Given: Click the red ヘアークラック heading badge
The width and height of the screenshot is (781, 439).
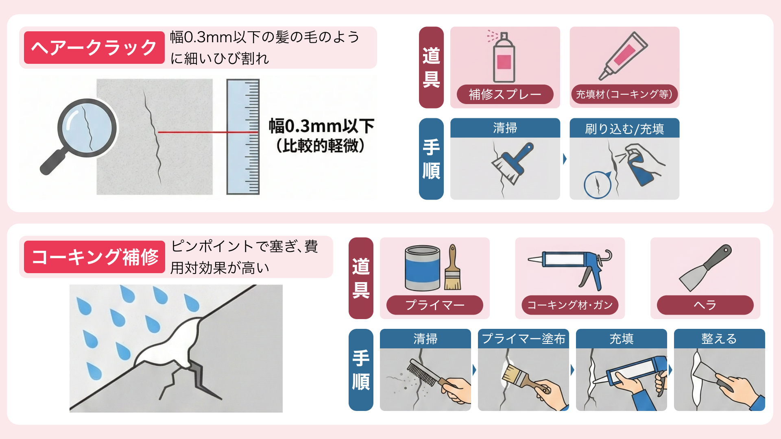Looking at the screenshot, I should point(94,48).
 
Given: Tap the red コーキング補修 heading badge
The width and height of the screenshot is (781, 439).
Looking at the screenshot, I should point(94,257).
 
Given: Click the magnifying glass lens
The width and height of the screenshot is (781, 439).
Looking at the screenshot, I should point(87,128).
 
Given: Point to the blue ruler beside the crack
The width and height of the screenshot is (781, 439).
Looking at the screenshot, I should point(243,137).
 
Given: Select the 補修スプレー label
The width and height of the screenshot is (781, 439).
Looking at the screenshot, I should point(505,94).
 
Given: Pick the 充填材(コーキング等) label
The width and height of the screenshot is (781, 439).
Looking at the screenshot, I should point(624,94).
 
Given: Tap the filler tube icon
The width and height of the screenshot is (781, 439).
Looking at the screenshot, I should point(623,56).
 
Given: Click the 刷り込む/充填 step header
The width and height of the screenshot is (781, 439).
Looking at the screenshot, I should point(624,128).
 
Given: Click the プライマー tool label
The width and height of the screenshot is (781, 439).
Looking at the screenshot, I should point(434,305).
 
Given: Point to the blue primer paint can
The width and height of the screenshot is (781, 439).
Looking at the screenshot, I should point(423,268).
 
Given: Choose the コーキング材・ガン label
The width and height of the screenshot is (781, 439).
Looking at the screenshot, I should point(570,305).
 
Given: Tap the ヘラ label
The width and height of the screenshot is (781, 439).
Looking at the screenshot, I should point(705,305).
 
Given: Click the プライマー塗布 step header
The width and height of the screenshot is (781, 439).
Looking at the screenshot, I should point(523,339).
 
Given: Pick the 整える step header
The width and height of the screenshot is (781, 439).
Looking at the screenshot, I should point(719,339).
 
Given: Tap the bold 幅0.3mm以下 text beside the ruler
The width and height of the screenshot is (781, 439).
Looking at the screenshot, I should point(321,126).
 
